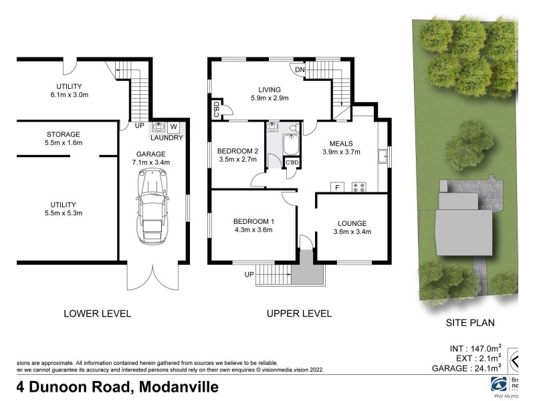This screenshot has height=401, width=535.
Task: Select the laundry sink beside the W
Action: coord(159,127)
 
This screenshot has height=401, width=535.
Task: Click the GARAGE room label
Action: coord(152,152)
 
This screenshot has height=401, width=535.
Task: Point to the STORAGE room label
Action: coord(64,134)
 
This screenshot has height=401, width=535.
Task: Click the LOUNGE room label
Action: coord(352,223)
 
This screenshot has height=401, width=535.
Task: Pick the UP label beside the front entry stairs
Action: coord(250,275)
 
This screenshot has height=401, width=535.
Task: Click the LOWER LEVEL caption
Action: coord(97,313)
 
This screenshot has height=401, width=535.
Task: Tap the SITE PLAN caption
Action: coord(470,323)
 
